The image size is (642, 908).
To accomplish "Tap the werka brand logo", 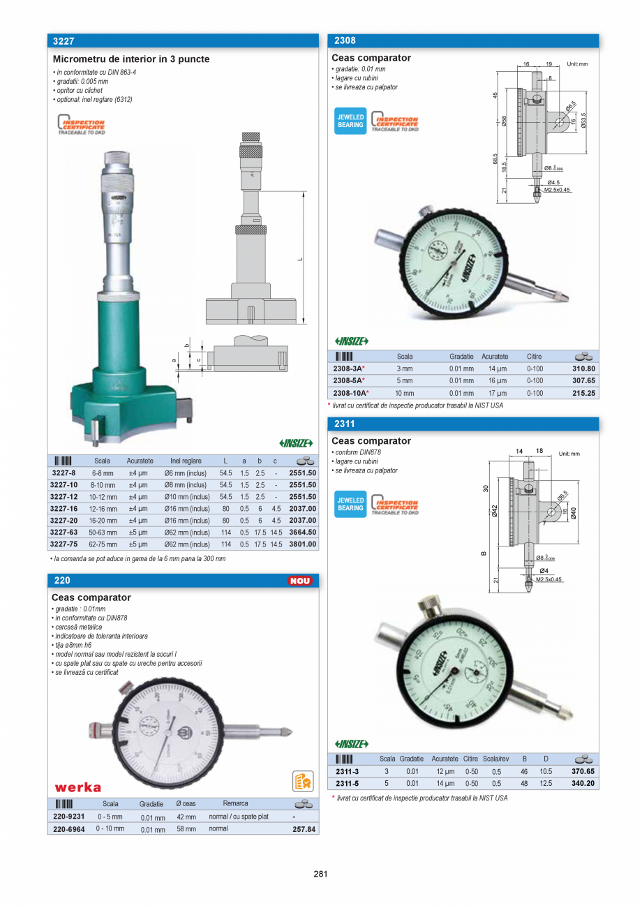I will [77, 787].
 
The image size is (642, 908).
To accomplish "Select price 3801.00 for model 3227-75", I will [302, 544].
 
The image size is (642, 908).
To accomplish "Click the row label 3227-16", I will [64, 509].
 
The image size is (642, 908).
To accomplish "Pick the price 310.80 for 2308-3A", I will [583, 369].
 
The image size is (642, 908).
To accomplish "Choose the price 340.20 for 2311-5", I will [583, 784].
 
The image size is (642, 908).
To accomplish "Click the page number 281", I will [320, 874].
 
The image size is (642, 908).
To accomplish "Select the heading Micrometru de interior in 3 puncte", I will [131, 59].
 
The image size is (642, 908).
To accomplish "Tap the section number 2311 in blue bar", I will [345, 424].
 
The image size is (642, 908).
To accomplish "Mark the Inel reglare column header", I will [186, 461].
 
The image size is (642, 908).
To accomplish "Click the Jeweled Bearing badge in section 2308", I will [350, 121].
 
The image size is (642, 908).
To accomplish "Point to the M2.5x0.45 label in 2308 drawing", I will [558, 190].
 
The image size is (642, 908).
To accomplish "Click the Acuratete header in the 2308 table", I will [495, 357].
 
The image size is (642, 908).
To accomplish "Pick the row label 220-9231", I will [68, 817].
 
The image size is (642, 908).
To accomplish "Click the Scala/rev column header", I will [496, 759].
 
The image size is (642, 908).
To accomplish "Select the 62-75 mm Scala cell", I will [103, 544].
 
